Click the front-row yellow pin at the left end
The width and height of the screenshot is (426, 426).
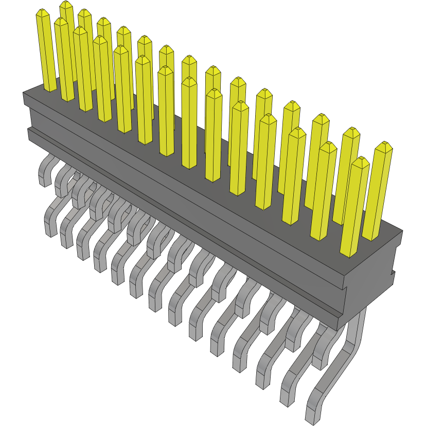pos(46,51)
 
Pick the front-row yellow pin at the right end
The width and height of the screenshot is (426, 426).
pos(354,206)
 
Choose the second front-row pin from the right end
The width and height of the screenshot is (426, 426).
pos(324,190)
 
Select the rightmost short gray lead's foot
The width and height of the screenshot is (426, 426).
pos(319,363)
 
